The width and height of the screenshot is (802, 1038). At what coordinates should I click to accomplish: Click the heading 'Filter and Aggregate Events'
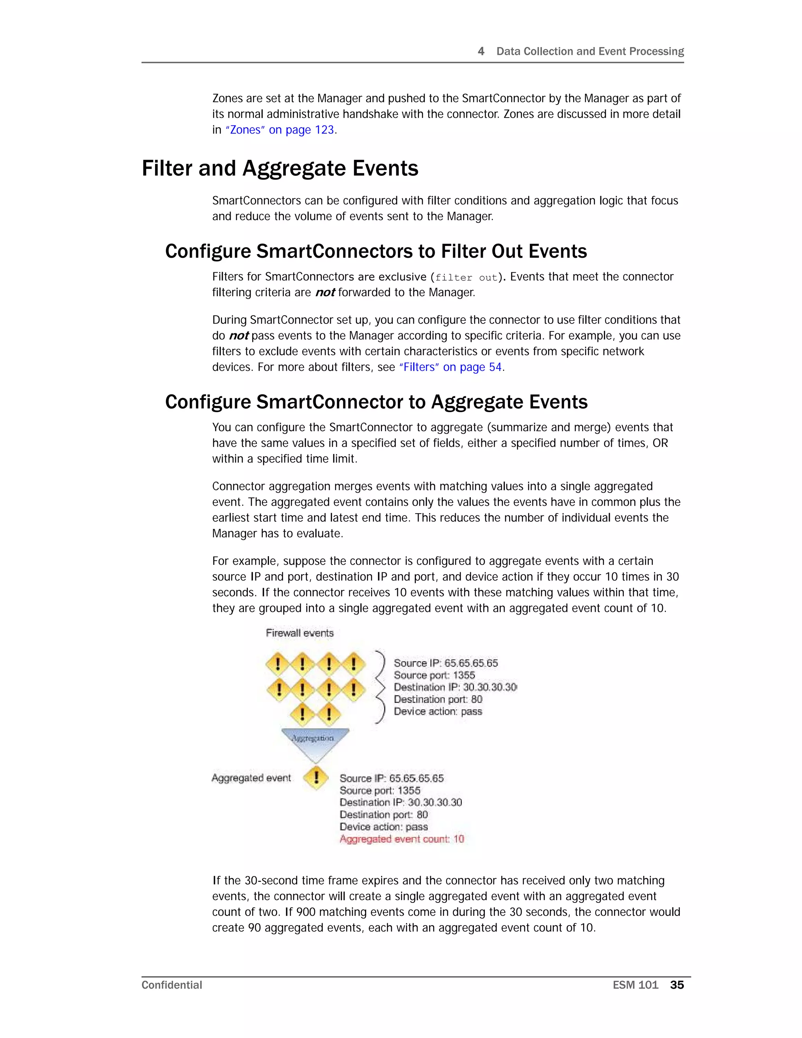(280, 168)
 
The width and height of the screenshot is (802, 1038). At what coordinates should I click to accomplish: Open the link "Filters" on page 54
(450, 367)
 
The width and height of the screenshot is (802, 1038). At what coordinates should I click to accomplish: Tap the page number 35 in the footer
(677, 985)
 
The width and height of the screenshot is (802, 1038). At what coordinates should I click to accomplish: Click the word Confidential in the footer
(172, 985)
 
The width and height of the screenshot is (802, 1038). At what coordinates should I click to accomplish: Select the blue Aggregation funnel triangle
(314, 742)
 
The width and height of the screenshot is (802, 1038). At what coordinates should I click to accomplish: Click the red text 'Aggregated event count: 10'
(401, 839)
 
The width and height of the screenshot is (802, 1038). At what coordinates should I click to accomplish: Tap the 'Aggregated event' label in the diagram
(251, 778)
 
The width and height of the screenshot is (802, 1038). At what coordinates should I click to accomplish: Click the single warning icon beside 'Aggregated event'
(316, 778)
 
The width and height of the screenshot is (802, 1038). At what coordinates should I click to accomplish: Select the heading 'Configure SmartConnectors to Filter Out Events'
(376, 251)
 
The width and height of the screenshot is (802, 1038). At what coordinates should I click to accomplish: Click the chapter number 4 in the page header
(481, 51)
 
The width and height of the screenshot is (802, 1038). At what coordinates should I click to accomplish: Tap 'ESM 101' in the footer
(635, 985)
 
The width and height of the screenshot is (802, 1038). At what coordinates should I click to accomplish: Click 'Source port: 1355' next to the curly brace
(434, 675)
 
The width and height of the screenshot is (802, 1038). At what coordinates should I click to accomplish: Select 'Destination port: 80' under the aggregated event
(383, 815)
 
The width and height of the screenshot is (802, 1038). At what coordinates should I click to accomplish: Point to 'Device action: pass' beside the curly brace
(437, 711)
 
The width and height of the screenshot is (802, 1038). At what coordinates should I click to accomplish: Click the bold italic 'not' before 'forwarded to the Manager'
(325, 293)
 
